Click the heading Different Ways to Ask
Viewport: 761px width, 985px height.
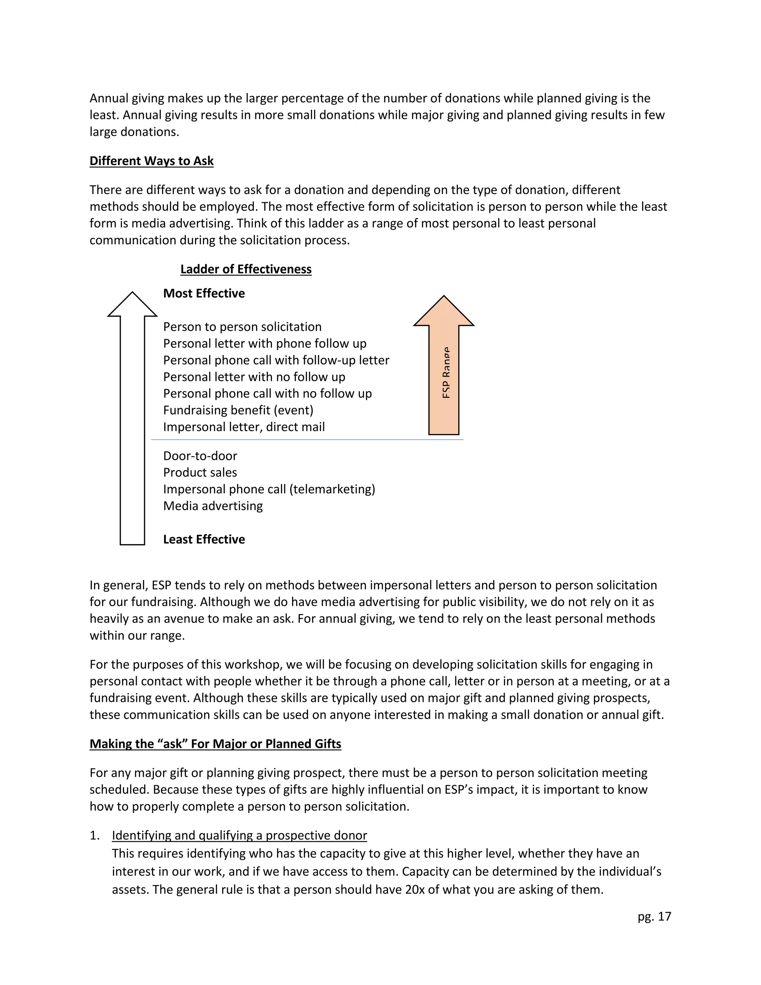152,161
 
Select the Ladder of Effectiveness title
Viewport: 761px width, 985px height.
246,269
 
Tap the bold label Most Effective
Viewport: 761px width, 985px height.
204,294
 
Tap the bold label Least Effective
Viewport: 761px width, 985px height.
204,539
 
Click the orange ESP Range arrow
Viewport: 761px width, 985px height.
444,374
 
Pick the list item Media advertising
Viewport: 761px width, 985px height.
213,506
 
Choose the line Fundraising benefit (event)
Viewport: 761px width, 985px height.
238,410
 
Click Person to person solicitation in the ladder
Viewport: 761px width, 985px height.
242,327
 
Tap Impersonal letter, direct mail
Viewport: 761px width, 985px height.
244,427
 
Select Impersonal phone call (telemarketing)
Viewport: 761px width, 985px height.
269,490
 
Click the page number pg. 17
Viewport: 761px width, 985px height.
654,917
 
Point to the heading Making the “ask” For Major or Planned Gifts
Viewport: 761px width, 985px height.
215,744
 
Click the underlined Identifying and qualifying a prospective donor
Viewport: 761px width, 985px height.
239,835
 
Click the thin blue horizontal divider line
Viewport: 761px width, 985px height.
307,439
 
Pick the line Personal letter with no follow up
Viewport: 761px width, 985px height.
254,377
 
